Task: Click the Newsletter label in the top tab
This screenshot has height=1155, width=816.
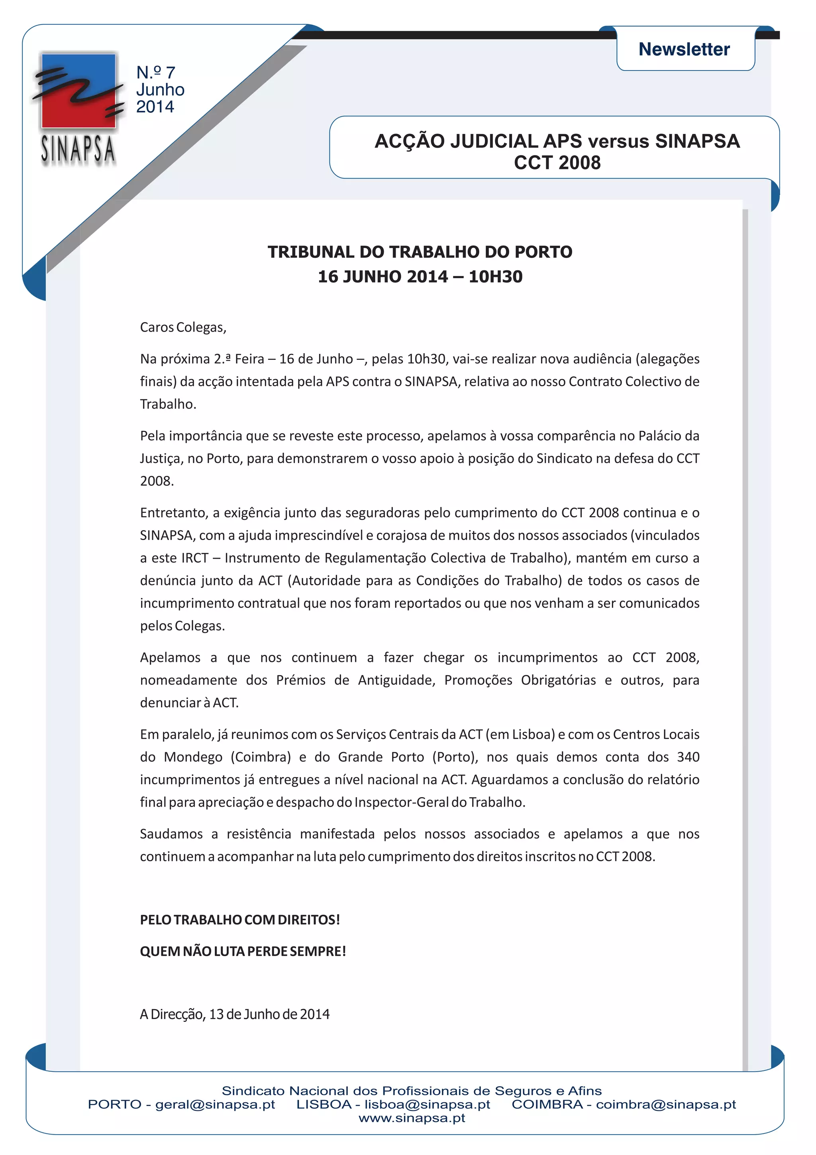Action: click(684, 49)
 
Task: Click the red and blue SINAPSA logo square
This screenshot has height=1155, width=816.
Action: click(78, 91)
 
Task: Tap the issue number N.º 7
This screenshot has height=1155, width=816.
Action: click(155, 73)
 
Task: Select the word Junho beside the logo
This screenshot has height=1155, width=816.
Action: click(160, 90)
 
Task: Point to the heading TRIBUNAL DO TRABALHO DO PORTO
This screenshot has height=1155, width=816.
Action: click(420, 251)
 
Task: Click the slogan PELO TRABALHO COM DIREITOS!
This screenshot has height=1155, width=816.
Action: click(240, 919)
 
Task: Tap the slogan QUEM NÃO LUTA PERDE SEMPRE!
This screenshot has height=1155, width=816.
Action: click(243, 951)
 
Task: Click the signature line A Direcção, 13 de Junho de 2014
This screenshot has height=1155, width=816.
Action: click(235, 1014)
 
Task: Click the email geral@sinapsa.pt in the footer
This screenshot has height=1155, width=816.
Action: click(215, 1105)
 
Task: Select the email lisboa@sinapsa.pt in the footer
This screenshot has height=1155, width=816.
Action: click(428, 1105)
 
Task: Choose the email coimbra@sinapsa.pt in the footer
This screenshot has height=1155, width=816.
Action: click(666, 1105)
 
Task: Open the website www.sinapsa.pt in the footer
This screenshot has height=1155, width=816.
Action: click(412, 1118)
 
